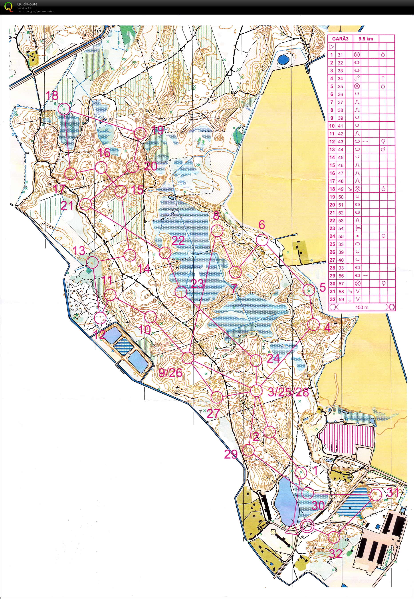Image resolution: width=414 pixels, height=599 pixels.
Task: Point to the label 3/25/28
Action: click(288, 392)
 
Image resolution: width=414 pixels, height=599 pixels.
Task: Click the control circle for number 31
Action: click(376, 495)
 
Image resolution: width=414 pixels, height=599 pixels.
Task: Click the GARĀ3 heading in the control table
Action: click(340, 39)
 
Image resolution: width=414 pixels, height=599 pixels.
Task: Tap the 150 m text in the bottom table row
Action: click(362, 307)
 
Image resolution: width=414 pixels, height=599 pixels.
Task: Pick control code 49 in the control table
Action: click(341, 189)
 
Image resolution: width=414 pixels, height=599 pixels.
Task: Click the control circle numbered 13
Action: click(92, 262)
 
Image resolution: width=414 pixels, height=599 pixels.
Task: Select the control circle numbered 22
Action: click(165, 253)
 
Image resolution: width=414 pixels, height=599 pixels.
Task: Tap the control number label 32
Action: click(335, 554)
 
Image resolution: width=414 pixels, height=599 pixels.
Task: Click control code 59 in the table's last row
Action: click(341, 299)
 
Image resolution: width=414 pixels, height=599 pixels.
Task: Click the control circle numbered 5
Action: click(309, 290)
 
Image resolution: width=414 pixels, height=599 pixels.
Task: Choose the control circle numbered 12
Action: click(100, 318)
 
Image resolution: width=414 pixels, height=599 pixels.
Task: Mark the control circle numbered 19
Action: click(140, 133)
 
